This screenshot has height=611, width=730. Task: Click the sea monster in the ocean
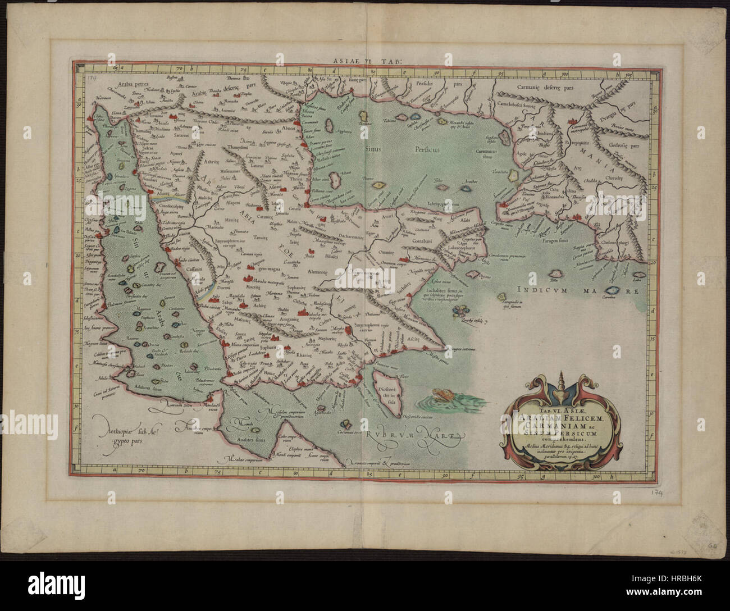coord(441,396)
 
